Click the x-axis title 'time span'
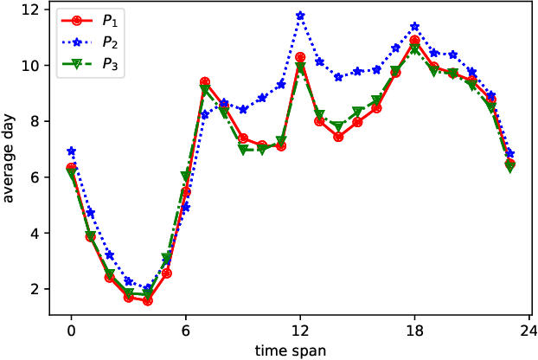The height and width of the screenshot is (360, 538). tap(290, 350)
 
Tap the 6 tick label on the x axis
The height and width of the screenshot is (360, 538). tap(185, 330)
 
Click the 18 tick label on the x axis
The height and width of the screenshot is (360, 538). tap(414, 330)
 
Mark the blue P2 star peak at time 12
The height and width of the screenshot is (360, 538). tap(300, 16)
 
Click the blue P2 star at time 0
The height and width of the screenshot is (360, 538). tap(71, 151)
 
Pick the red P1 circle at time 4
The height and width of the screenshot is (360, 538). tap(147, 300)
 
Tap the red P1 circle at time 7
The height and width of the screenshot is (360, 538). tap(204, 82)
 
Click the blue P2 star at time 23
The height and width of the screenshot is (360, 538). tap(509, 153)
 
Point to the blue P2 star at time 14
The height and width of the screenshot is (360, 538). tap(338, 77)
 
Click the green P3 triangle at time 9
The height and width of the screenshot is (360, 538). tap(243, 150)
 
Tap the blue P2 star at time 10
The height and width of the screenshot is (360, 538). tap(262, 98)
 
